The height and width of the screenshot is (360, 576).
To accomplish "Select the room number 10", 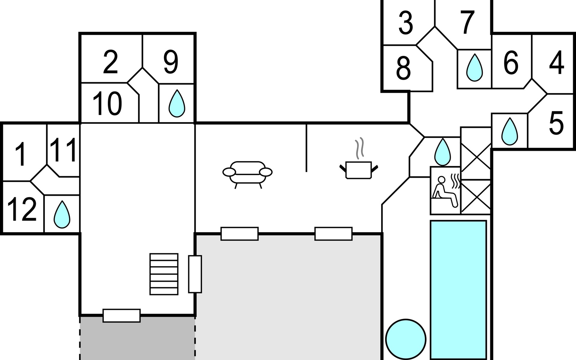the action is pyautogui.click(x=107, y=103).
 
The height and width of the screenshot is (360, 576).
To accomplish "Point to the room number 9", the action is pyautogui.click(x=171, y=62).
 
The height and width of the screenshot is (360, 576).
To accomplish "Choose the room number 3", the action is pyautogui.click(x=406, y=22).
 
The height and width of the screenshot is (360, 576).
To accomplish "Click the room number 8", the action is pyautogui.click(x=403, y=69).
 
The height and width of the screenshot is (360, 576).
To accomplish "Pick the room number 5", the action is pyautogui.click(x=556, y=122).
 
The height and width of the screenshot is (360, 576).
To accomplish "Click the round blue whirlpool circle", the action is pyautogui.click(x=406, y=339).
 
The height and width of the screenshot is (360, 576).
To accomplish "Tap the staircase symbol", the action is pyautogui.click(x=164, y=274).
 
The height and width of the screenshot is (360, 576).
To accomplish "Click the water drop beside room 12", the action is pyautogui.click(x=62, y=214).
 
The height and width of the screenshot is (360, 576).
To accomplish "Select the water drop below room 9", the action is pyautogui.click(x=177, y=103).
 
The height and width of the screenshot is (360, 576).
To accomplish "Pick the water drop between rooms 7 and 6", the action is pyautogui.click(x=475, y=67).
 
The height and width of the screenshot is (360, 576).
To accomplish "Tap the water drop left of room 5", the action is pyautogui.click(x=509, y=131).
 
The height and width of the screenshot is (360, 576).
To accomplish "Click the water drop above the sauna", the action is pyautogui.click(x=443, y=152).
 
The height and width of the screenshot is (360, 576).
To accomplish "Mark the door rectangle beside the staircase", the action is pyautogui.click(x=195, y=274).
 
